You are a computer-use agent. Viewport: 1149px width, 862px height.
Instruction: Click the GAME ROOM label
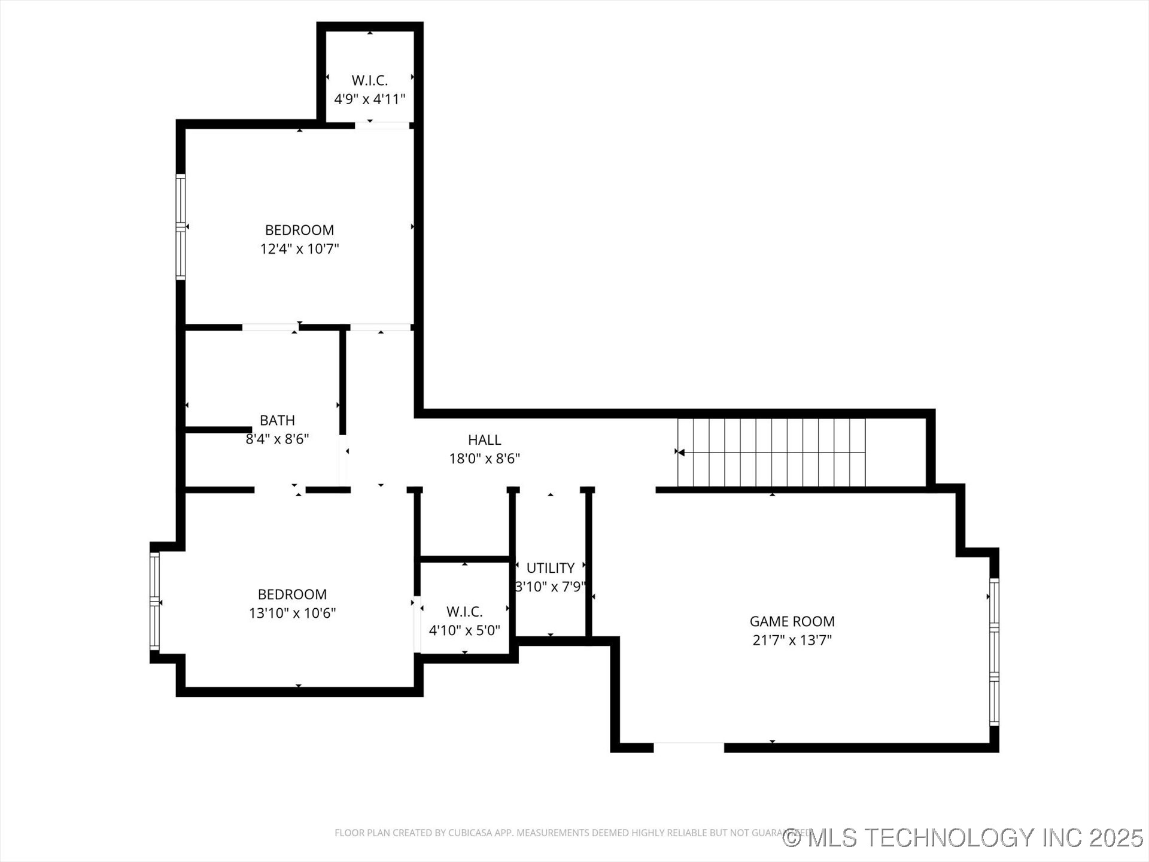click(x=792, y=621)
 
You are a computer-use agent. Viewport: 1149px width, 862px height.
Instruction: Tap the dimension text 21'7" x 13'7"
click(x=792, y=640)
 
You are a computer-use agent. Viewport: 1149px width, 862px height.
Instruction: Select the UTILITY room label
click(x=550, y=567)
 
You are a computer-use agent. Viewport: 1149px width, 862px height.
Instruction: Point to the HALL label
click(x=484, y=440)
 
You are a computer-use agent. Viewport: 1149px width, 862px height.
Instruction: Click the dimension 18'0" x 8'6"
click(x=484, y=459)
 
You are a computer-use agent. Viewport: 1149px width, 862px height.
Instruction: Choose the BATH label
click(x=277, y=420)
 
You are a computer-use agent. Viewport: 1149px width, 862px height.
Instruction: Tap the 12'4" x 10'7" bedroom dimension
click(x=299, y=248)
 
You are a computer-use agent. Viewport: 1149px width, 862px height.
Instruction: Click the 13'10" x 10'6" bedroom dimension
click(x=292, y=613)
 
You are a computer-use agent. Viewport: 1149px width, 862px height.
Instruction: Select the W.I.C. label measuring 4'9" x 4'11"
click(x=369, y=80)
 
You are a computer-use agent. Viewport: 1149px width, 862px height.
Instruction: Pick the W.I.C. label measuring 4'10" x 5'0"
click(x=464, y=612)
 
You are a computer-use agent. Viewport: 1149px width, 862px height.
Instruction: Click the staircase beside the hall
click(x=772, y=453)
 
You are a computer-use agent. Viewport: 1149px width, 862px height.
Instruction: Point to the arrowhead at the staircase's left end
click(x=680, y=452)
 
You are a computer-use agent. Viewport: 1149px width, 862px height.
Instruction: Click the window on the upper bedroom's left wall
click(x=180, y=226)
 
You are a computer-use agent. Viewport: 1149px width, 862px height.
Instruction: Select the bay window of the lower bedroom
click(x=154, y=601)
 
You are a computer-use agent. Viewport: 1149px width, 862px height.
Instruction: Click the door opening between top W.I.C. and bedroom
click(x=382, y=125)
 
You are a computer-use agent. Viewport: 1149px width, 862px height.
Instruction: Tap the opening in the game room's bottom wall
click(x=688, y=747)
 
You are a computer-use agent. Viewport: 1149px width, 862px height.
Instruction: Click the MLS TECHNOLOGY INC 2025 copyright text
click(x=963, y=837)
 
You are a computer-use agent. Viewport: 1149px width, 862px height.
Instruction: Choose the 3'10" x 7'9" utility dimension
click(x=550, y=587)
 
